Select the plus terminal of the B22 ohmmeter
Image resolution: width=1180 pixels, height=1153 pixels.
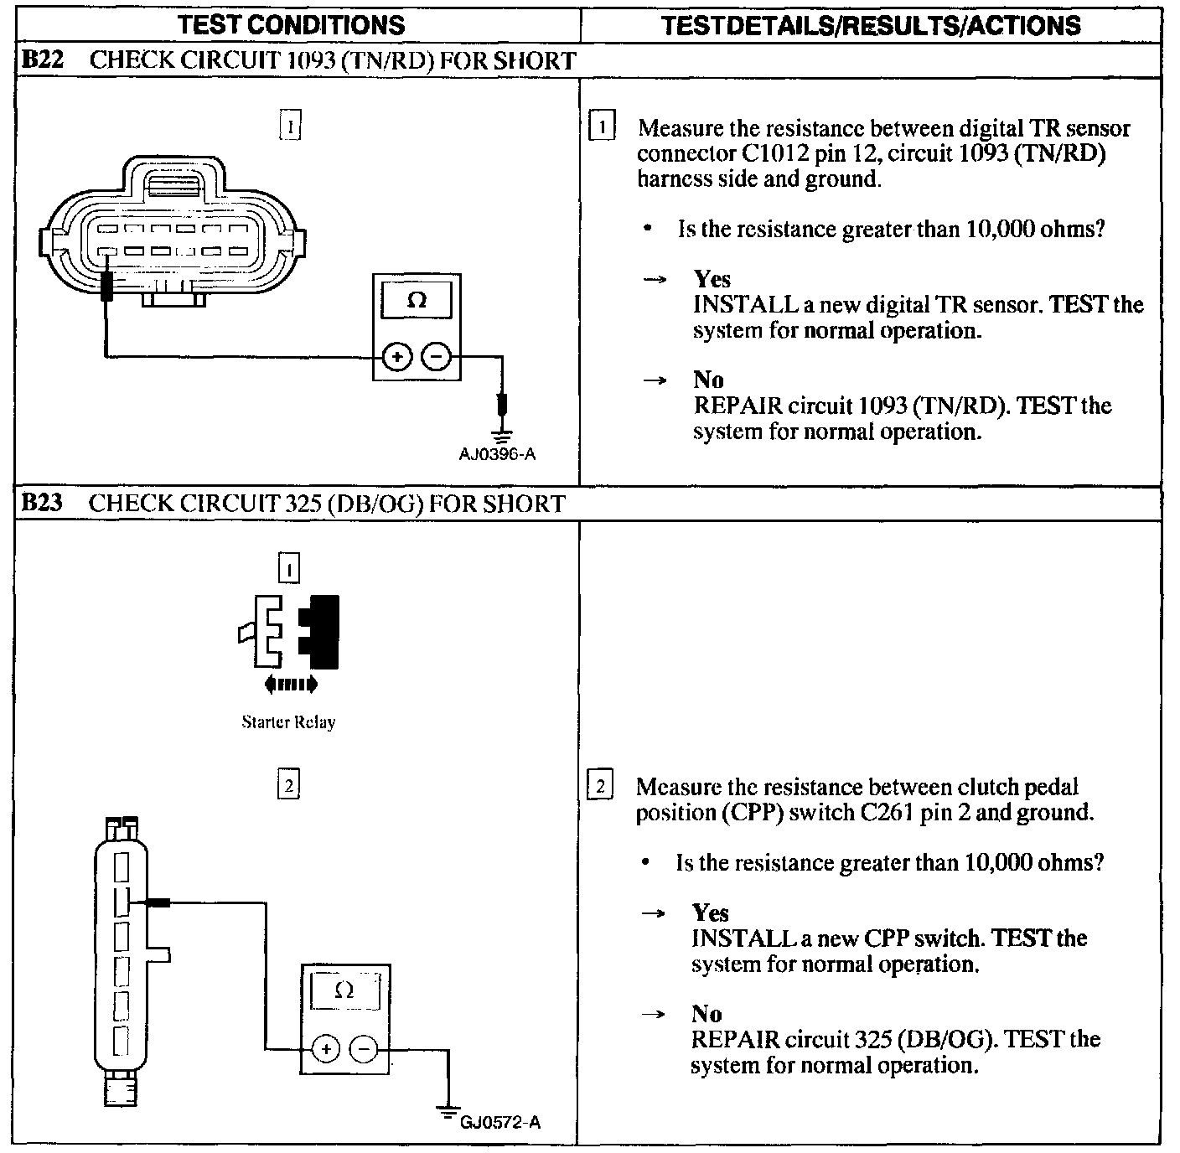click(x=396, y=358)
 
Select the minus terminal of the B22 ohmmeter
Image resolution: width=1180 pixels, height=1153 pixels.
click(x=435, y=358)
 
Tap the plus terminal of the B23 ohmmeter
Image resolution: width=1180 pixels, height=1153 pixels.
click(x=325, y=1049)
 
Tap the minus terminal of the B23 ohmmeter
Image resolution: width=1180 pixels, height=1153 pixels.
click(x=363, y=1049)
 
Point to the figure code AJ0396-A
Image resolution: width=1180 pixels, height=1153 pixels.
click(x=497, y=455)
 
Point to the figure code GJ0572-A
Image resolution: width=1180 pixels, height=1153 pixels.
click(x=500, y=1122)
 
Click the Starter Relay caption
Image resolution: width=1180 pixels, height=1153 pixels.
click(x=288, y=721)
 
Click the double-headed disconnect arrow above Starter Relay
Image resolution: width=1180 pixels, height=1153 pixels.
click(x=290, y=685)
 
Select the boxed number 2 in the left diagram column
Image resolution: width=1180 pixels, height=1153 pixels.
click(x=287, y=785)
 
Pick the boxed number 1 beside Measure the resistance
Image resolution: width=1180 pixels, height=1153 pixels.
click(x=603, y=128)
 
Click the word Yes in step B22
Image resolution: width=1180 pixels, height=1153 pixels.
click(x=712, y=279)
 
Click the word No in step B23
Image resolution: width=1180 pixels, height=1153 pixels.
click(x=706, y=1014)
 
